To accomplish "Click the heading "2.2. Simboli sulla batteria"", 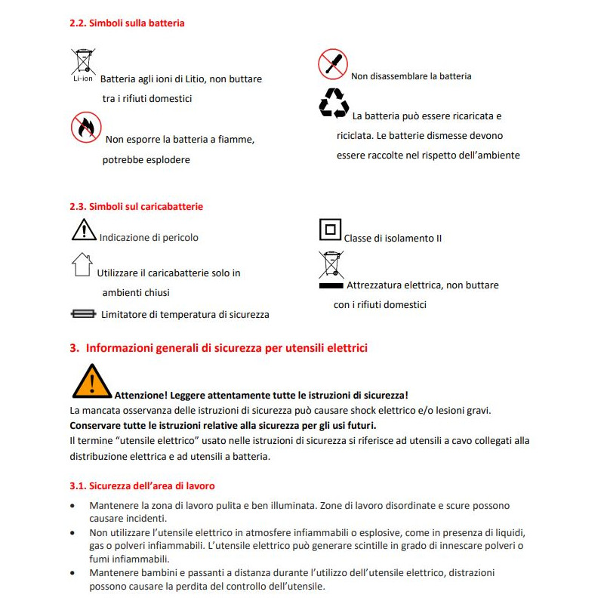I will [127, 23].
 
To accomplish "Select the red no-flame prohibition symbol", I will [86, 127].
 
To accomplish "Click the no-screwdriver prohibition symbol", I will [332, 63].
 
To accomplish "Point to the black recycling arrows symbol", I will [334, 103].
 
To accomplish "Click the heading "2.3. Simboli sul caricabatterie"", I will [136, 206].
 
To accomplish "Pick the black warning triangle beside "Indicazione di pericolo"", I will [84, 230].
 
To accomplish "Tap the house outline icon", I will [82, 264].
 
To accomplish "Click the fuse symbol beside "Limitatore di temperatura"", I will [82, 313].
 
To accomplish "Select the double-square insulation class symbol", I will [331, 230].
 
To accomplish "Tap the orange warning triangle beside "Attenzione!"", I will [91, 381].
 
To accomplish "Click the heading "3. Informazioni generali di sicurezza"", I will [218, 348].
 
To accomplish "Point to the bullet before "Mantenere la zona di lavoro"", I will [72, 506].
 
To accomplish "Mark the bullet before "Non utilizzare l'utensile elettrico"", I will [72, 533].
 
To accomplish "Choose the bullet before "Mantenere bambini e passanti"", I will [72, 574].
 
